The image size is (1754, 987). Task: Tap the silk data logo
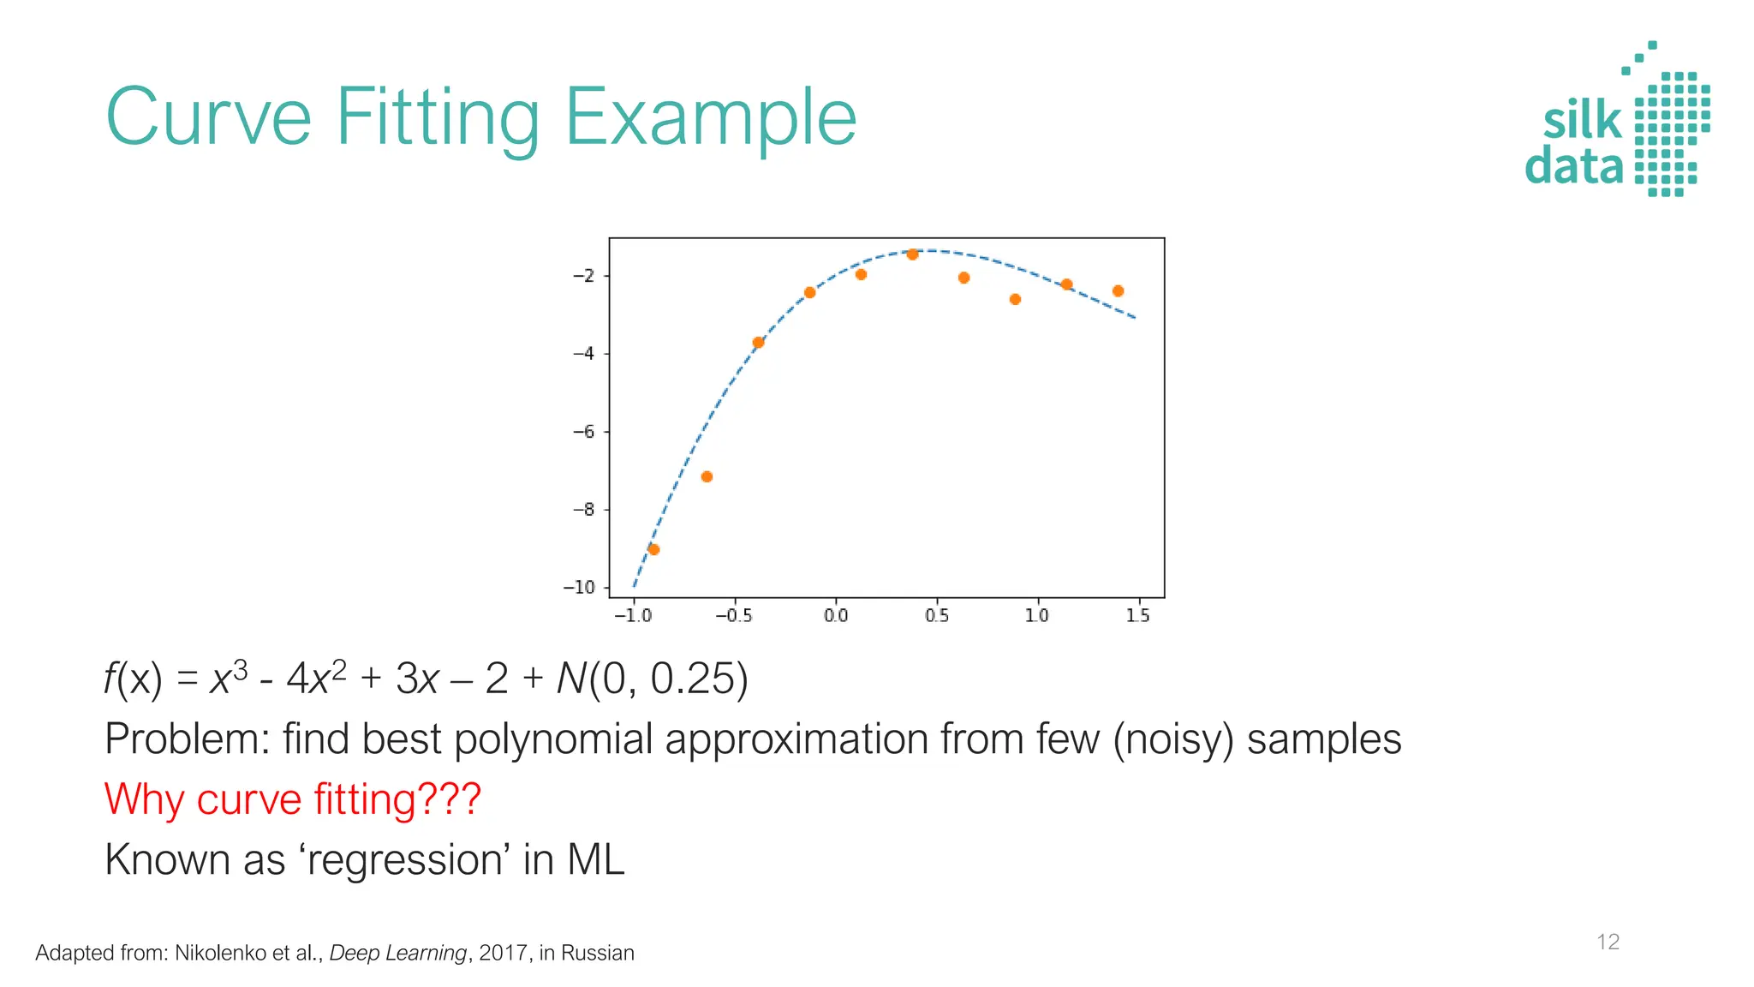1617,120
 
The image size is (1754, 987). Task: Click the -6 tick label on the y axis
583,432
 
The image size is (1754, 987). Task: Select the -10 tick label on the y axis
579,588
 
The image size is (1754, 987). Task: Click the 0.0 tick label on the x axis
835,616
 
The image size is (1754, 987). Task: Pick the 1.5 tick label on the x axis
1137,616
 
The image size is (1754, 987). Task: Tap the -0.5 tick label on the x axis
733,616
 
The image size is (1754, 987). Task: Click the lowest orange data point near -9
653,549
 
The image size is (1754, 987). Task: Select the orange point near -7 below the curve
707,476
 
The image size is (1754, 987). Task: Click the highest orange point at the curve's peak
912,254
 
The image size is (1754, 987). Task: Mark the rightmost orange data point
1118,291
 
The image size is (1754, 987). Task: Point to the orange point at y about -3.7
758,343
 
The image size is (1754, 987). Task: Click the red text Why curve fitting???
292,799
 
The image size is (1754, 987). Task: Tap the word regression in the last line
405,860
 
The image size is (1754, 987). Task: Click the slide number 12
1608,942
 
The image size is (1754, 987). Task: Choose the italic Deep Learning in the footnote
397,953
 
